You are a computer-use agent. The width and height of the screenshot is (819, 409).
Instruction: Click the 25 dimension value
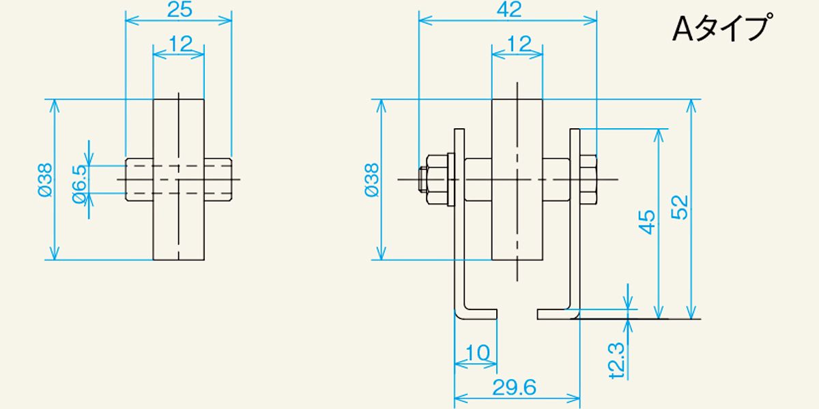(179, 10)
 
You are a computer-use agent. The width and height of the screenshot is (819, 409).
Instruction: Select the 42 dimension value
(508, 10)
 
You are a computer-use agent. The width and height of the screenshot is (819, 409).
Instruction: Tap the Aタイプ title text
(722, 29)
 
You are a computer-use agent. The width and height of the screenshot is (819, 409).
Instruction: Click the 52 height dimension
(679, 209)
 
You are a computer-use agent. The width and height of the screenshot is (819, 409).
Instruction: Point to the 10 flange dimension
(478, 353)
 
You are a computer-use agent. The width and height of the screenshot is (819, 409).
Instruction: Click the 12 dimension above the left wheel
(179, 44)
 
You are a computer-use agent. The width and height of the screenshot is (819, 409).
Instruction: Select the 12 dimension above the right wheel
(518, 44)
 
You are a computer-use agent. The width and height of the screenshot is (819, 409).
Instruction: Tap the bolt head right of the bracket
(588, 180)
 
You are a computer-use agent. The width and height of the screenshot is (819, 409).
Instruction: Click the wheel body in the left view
(178, 225)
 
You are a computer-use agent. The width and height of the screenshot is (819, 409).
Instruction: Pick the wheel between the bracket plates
(517, 225)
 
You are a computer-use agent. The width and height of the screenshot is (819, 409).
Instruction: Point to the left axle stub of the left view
(139, 180)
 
